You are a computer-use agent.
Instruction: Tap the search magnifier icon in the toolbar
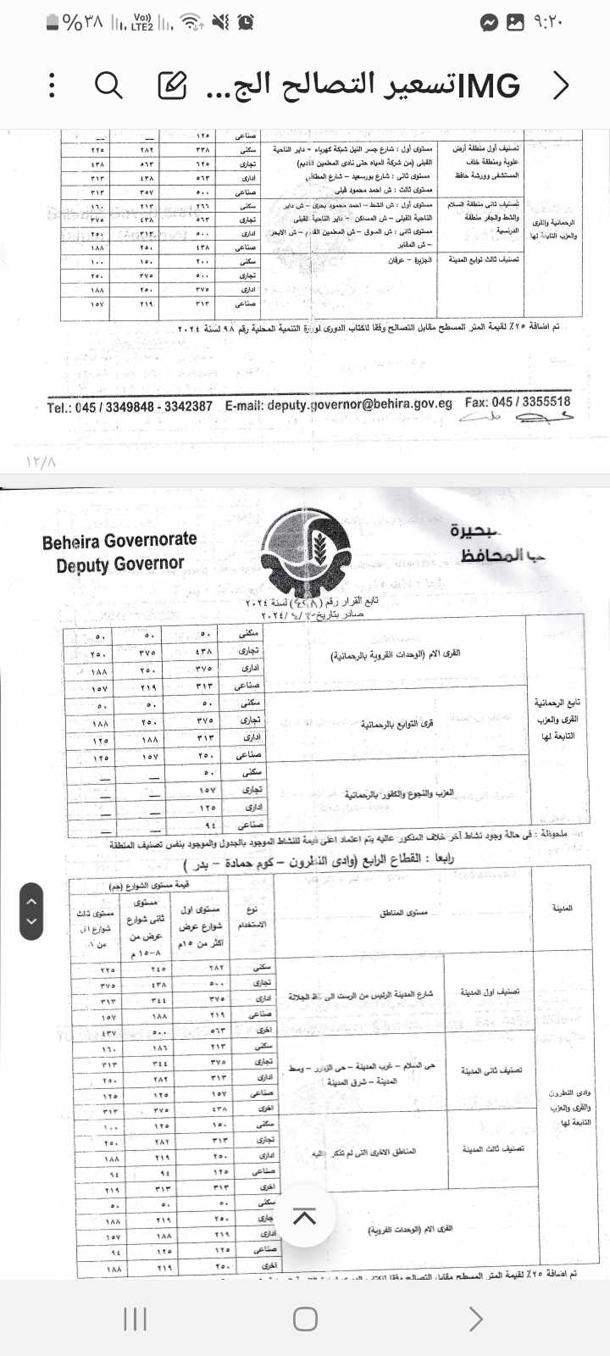tap(108, 85)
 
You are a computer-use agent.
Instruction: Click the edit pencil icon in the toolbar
tap(172, 85)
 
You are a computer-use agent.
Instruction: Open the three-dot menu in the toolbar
tap(53, 85)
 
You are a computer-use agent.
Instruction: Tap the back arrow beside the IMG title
tap(560, 85)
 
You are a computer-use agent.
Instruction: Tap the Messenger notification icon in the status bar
tap(489, 23)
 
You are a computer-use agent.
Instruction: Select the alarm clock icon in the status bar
tap(246, 23)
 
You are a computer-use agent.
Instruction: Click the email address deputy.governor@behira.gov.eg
tap(339, 404)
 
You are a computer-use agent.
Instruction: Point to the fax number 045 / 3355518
tap(530, 402)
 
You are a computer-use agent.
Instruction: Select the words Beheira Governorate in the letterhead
tap(119, 541)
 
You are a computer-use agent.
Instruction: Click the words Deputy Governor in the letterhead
tap(119, 564)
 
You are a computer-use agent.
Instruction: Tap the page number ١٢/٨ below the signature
tap(41, 463)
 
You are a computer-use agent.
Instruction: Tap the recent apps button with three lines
tap(136, 1319)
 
